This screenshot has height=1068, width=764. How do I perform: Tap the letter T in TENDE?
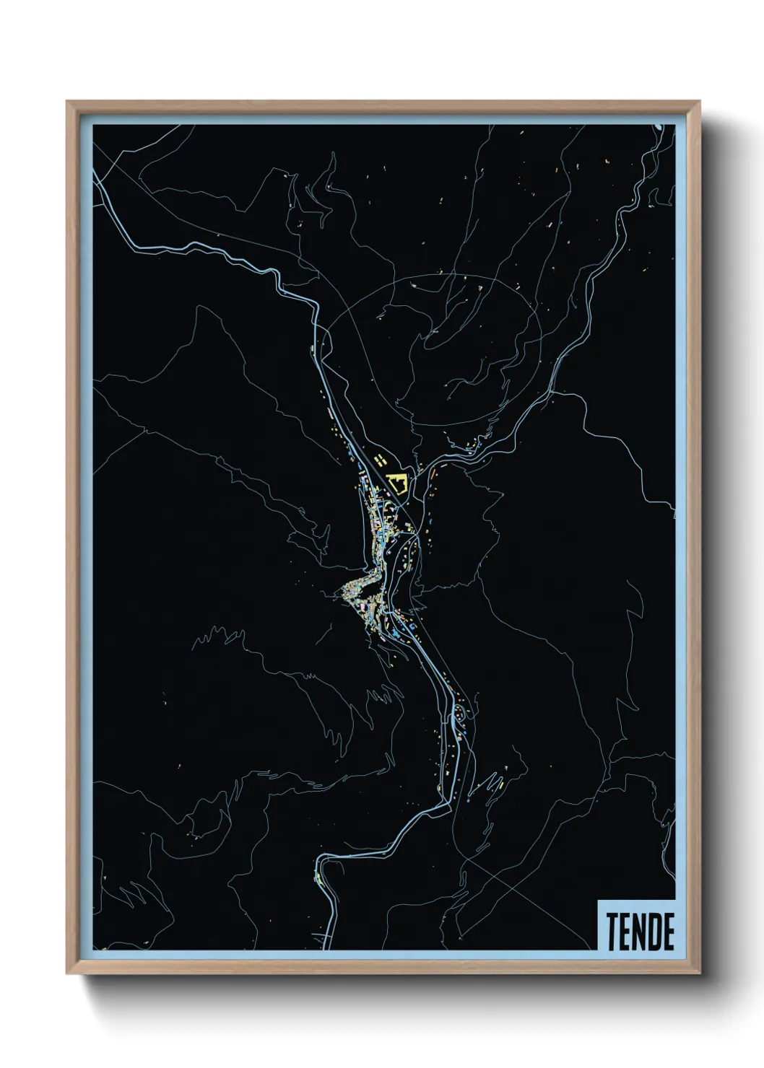612,932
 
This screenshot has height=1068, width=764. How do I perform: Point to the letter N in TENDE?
641,932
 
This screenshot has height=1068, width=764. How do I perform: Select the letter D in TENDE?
655,932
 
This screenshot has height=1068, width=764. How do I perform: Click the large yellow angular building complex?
397,482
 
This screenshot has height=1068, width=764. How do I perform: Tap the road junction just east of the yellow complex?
415,473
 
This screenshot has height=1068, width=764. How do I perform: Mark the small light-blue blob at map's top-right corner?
659,128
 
